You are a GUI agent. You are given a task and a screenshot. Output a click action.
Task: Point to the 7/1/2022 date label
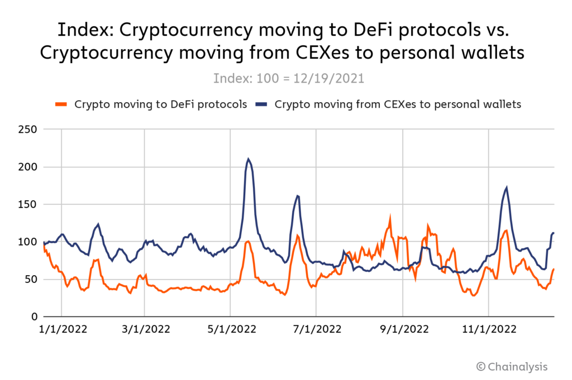point(316,330)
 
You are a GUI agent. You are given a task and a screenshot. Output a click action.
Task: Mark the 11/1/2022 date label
point(488,330)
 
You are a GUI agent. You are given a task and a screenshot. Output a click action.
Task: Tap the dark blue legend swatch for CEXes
point(261,104)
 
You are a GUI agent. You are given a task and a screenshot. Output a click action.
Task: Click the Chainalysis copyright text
point(512,367)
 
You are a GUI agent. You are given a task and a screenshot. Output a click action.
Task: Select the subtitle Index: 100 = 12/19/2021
point(289,78)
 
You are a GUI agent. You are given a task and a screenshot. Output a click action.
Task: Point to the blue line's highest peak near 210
point(248,159)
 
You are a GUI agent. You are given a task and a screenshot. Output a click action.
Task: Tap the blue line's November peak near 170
point(507,188)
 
